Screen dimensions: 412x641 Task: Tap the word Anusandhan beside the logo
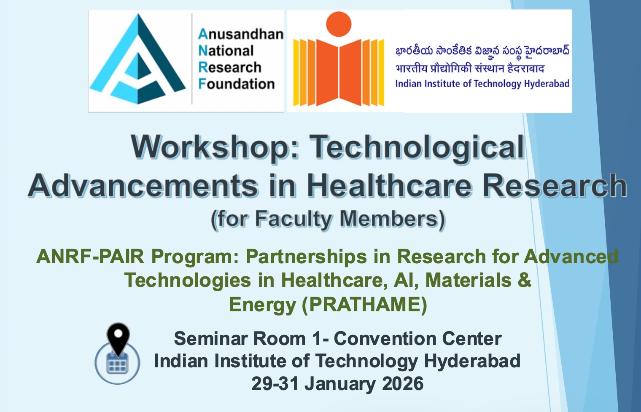click(240, 34)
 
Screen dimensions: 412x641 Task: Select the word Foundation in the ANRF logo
click(237, 84)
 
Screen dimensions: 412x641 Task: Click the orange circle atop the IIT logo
click(339, 24)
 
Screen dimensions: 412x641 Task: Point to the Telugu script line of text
click(482, 51)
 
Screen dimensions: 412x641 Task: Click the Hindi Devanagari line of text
click(470, 68)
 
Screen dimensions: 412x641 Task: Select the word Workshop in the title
click(214, 147)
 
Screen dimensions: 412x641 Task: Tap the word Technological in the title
click(417, 147)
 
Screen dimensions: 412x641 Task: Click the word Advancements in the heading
click(143, 186)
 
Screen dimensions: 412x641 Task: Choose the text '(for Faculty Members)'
click(328, 219)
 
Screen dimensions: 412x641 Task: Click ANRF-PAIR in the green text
click(90, 257)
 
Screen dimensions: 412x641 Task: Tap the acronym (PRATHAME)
click(364, 305)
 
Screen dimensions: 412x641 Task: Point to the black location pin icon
click(118, 337)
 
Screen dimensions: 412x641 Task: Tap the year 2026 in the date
click(403, 384)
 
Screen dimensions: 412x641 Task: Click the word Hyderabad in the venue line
click(472, 361)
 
